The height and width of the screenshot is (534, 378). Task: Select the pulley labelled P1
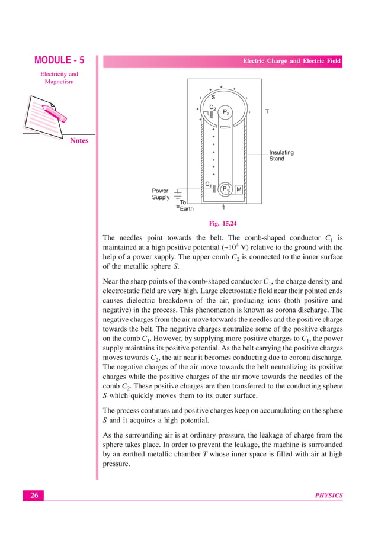(x=225, y=189)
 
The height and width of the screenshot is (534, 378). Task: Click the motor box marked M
(x=239, y=189)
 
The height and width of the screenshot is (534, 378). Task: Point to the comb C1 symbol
(x=213, y=189)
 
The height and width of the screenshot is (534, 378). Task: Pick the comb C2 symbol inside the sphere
(x=210, y=113)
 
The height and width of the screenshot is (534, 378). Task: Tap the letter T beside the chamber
(x=267, y=111)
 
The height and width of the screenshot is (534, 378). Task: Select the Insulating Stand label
(x=281, y=156)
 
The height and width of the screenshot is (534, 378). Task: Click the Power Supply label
(x=161, y=194)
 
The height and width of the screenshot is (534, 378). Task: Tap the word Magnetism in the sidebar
(x=59, y=82)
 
